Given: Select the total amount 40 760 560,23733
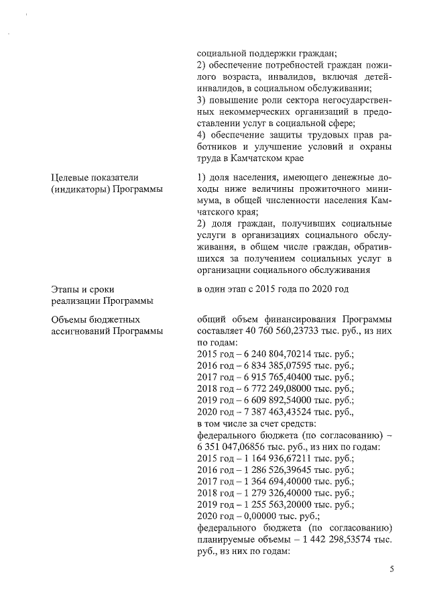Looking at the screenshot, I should point(283,331).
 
